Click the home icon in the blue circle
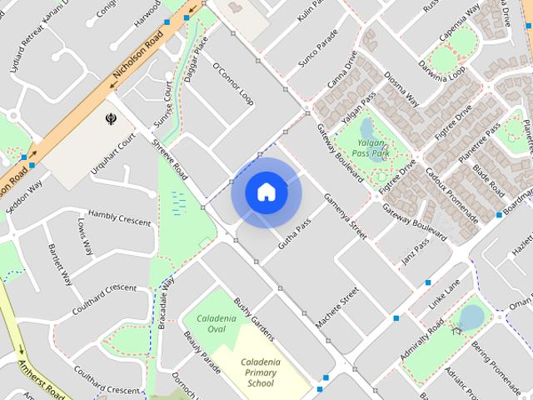click(266, 192)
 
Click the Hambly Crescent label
click(119, 217)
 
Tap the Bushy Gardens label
click(253, 318)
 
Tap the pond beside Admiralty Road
click(471, 317)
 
